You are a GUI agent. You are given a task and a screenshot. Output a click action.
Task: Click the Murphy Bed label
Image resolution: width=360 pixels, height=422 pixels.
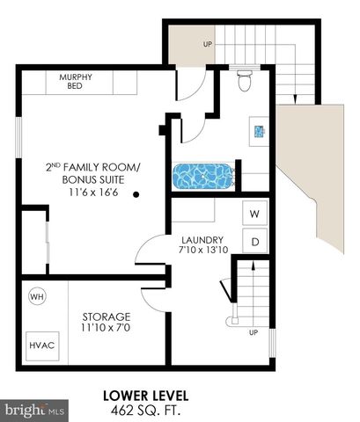click(76, 81)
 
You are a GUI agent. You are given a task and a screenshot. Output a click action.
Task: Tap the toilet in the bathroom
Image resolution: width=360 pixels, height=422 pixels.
click(246, 81)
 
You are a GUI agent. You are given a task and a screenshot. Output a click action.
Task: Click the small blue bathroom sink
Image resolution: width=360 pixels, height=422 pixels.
click(259, 132)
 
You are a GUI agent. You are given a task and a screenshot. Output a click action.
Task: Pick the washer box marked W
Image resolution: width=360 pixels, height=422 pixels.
click(255, 214)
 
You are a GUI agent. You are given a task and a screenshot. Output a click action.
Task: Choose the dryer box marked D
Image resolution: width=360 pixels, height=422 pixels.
click(255, 240)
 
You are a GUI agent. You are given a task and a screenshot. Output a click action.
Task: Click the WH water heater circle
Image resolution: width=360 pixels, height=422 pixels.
click(37, 296)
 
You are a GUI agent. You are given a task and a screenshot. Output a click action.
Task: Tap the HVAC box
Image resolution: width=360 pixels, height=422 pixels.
click(40, 345)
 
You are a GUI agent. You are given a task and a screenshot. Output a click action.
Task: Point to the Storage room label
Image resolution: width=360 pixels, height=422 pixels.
click(106, 316)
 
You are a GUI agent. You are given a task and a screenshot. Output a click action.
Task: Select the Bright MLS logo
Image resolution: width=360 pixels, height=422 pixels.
click(35, 410)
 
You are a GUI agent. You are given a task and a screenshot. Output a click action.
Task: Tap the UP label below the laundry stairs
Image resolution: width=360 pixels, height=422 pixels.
click(253, 332)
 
